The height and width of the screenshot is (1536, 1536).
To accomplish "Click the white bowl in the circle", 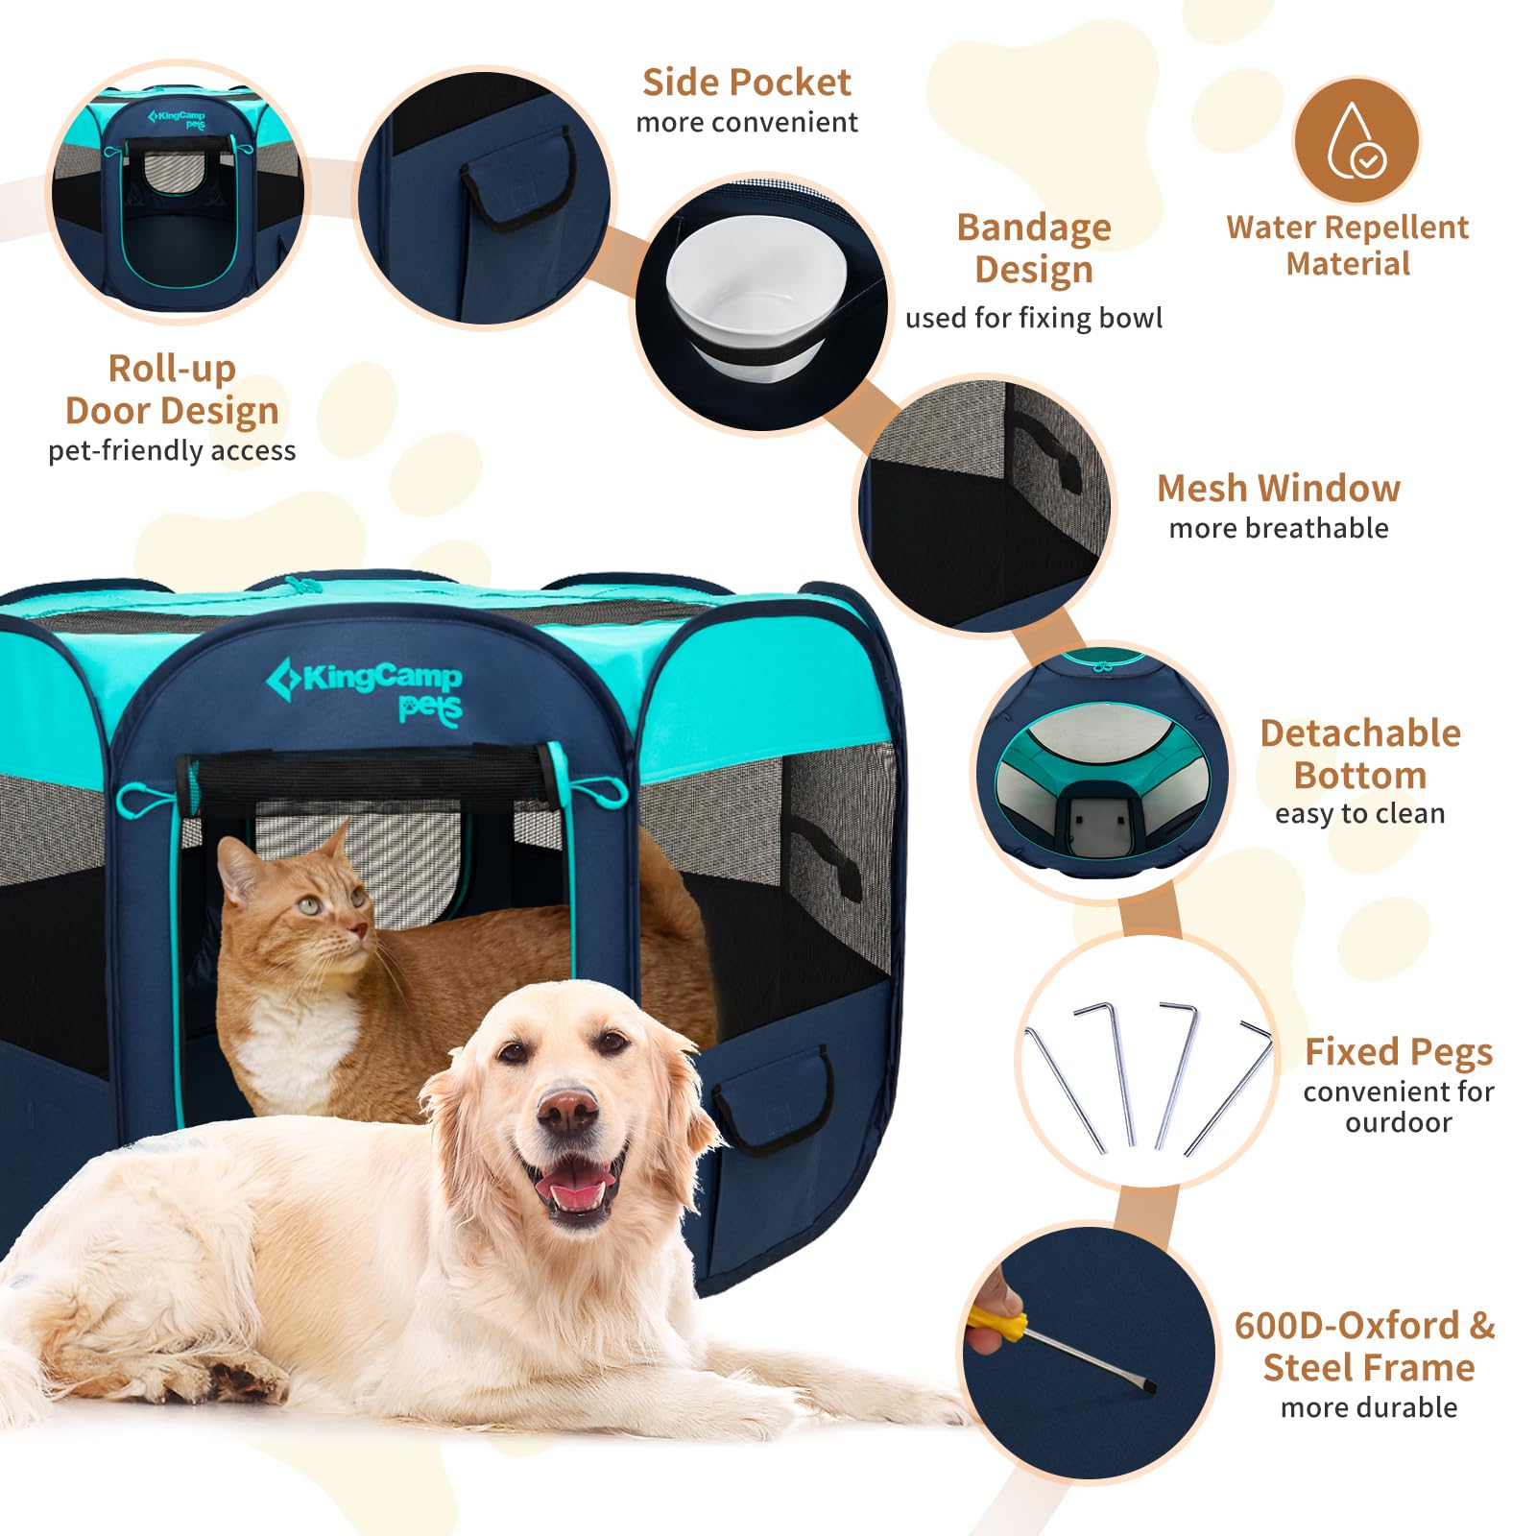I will [756, 288].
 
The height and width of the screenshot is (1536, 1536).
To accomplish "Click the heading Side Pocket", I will [746, 83].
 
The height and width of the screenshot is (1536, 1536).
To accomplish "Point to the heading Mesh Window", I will [1278, 489].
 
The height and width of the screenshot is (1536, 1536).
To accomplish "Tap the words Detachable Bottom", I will [1359, 754].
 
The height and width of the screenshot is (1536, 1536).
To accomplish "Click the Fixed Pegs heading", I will [1398, 1052].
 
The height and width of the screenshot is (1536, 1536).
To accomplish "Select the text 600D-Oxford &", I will [1364, 1326].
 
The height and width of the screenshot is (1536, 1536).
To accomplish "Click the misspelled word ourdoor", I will [1398, 1122].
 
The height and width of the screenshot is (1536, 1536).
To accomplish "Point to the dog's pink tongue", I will [573, 1191].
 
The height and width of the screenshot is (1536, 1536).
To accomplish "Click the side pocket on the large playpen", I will [773, 1099].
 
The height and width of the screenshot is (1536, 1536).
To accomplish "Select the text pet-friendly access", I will [172, 451].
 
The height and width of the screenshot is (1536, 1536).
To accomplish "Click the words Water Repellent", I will [1347, 228].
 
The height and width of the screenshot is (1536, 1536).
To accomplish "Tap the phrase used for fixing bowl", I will [1033, 318].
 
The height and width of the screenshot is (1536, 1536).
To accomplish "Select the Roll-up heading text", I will [172, 369].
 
